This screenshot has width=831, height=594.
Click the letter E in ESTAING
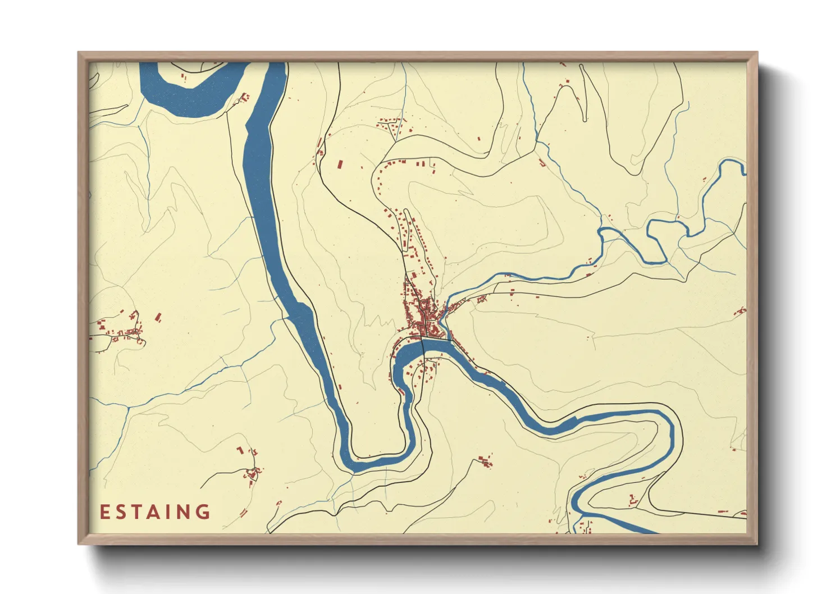pyautogui.click(x=104, y=512)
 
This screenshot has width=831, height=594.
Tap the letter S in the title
pyautogui.click(x=121, y=512)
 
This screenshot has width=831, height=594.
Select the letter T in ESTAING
pyautogui.click(x=138, y=512)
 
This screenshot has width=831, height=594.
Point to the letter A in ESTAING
pyautogui.click(x=154, y=512)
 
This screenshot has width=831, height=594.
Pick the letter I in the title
pyautogui.click(x=169, y=512)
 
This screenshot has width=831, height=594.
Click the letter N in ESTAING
pyautogui.click(x=184, y=512)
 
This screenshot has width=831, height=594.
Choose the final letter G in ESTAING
pyautogui.click(x=203, y=512)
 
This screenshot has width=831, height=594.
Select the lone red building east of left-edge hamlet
pyautogui.click(x=158, y=318)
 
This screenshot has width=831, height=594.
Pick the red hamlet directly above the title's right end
pyautogui.click(x=251, y=472)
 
